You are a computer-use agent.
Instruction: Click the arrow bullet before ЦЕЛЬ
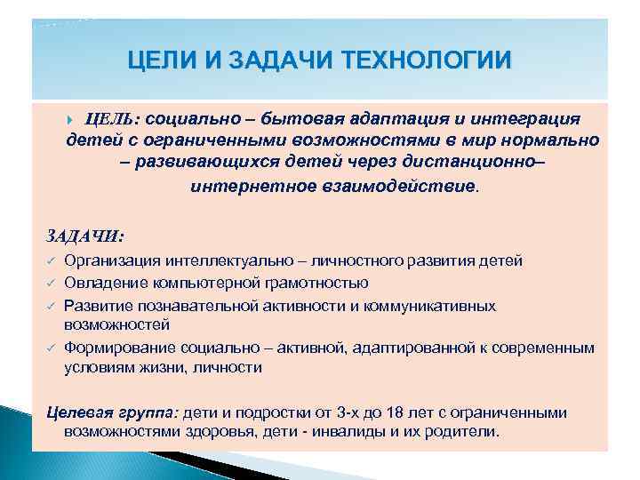74,119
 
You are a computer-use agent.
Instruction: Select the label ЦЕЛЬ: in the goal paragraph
112,119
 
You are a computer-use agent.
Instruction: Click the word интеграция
524,119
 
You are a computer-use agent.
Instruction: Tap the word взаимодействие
393,187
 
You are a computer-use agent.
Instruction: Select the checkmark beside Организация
52,260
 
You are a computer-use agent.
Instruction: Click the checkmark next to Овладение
52,284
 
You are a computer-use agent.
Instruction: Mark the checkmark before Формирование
52,348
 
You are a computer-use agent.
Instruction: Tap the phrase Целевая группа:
112,413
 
